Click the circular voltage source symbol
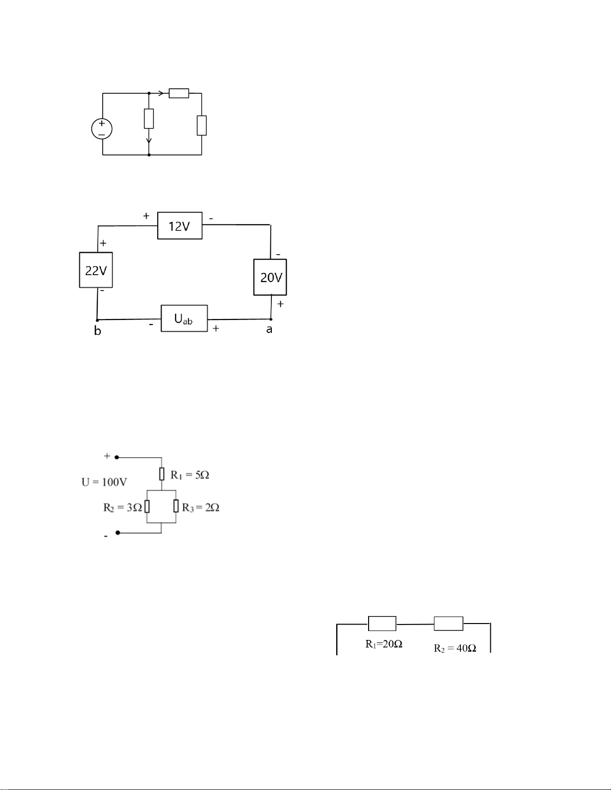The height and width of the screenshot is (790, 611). pyautogui.click(x=102, y=129)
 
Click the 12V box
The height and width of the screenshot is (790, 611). pyautogui.click(x=180, y=226)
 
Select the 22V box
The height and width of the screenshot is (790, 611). pyautogui.click(x=96, y=270)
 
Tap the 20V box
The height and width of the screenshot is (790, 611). pyautogui.click(x=270, y=277)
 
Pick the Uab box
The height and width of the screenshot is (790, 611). pyautogui.click(x=185, y=318)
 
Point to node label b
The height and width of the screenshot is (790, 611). pyautogui.click(x=97, y=330)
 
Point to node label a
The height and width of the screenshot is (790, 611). pyautogui.click(x=269, y=329)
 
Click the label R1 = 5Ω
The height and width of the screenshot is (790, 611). pyautogui.click(x=190, y=475)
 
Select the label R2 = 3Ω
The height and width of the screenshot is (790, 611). pyautogui.click(x=123, y=507)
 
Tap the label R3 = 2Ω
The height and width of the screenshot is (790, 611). pyautogui.click(x=201, y=507)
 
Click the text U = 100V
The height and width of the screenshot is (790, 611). pyautogui.click(x=104, y=482)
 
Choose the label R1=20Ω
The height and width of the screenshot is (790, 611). pyautogui.click(x=384, y=644)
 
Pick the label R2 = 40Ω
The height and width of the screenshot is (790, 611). pyautogui.click(x=455, y=648)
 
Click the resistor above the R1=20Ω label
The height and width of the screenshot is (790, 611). pyautogui.click(x=382, y=624)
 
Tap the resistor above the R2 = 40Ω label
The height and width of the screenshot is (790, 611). pyautogui.click(x=448, y=624)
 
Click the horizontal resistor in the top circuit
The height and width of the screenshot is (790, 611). pyautogui.click(x=179, y=93)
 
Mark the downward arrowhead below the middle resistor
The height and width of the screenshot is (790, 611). pyautogui.click(x=149, y=141)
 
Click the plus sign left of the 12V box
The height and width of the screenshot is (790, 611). pyautogui.click(x=146, y=216)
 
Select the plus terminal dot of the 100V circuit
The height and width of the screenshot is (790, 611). pyautogui.click(x=117, y=458)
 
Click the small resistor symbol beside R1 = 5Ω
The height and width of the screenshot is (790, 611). pyautogui.click(x=162, y=474)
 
